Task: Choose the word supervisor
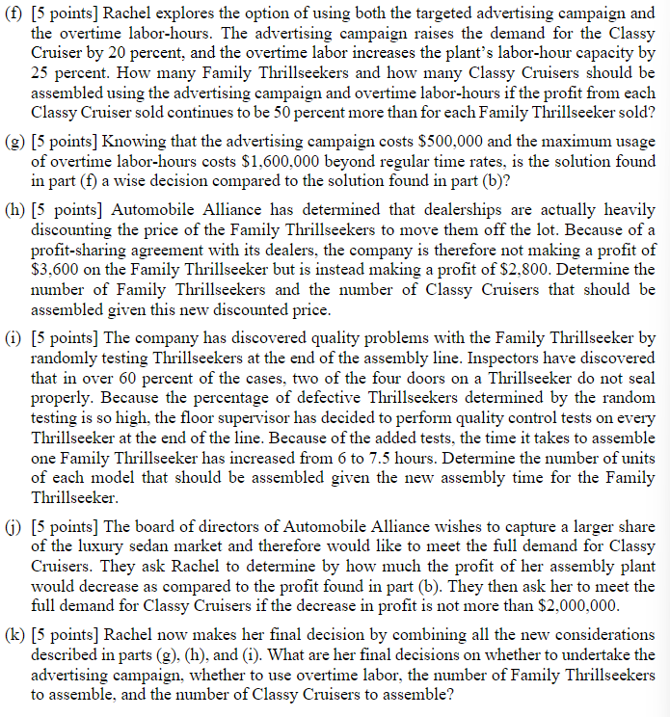344,423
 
